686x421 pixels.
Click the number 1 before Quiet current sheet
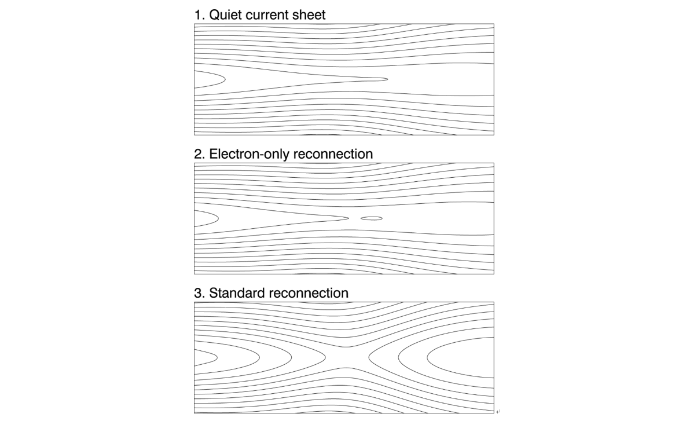click(x=198, y=15)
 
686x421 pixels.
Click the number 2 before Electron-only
click(x=199, y=154)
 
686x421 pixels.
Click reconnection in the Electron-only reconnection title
click(x=333, y=154)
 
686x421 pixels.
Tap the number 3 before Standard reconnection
click(x=199, y=293)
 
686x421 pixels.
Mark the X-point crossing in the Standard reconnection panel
click(x=347, y=357)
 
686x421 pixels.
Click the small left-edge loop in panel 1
click(x=225, y=79)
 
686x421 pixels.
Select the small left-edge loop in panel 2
click(x=218, y=218)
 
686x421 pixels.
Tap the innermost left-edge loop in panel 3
click(x=217, y=357)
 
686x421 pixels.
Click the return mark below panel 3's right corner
click(x=498, y=411)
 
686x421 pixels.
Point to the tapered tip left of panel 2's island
click(x=348, y=218)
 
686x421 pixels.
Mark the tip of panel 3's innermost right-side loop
click(x=427, y=357)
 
